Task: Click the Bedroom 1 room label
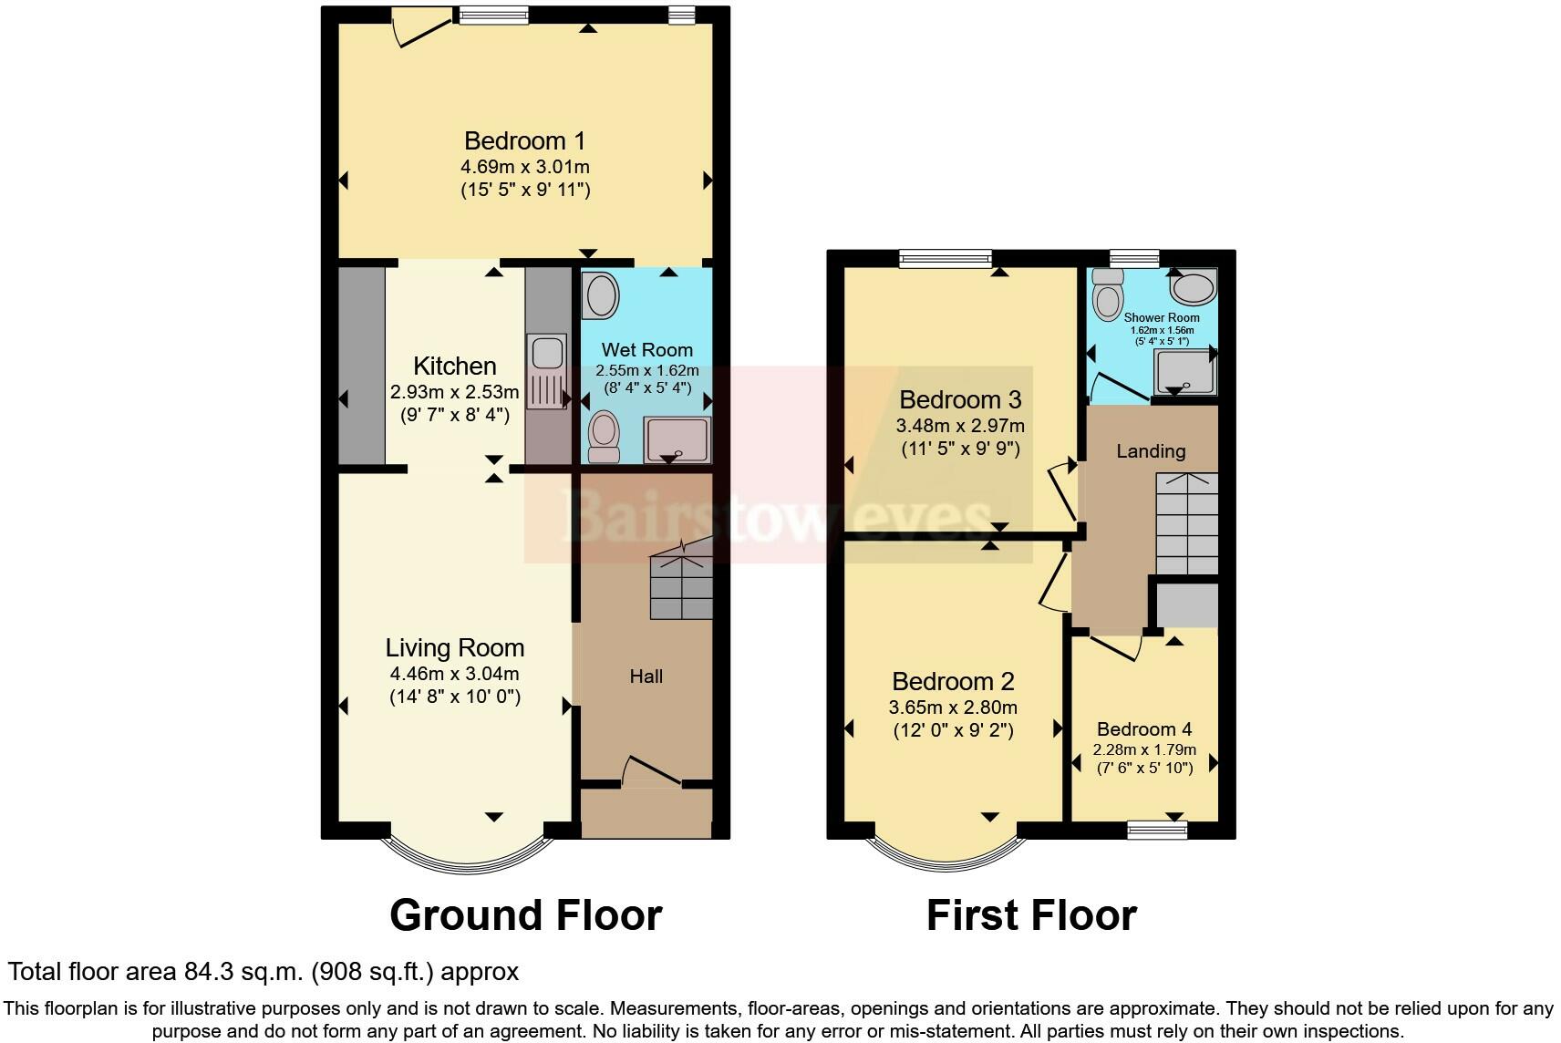click(x=525, y=140)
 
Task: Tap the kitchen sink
click(x=547, y=371)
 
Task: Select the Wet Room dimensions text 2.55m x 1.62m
click(x=646, y=371)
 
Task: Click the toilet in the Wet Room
click(x=604, y=437)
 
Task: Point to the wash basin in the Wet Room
click(x=602, y=295)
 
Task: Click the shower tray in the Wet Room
click(x=677, y=439)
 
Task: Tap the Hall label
click(x=646, y=676)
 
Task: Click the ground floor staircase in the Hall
click(x=681, y=578)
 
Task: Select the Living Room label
click(x=454, y=648)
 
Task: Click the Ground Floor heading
click(x=525, y=914)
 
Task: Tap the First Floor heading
click(x=1031, y=914)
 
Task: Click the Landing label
click(x=1151, y=450)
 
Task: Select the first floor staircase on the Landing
click(x=1187, y=524)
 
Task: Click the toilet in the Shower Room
click(x=1107, y=294)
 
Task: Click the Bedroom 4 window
click(x=1157, y=830)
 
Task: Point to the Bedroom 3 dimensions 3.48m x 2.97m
click(x=959, y=426)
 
